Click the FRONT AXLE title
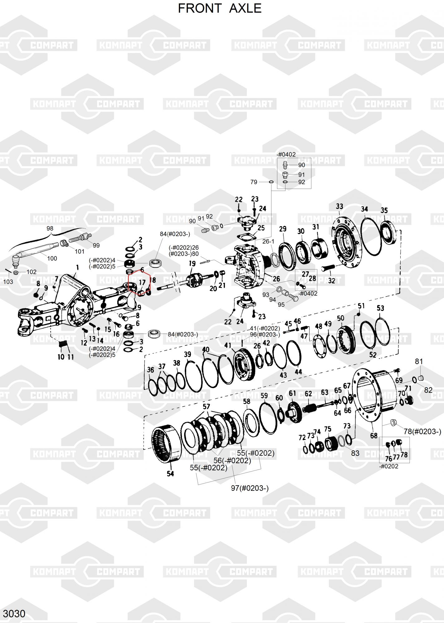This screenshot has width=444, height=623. click(220, 8)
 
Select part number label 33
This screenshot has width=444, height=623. click(339, 206)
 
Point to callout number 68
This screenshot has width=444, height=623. click(374, 435)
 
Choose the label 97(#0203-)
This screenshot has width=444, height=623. click(250, 488)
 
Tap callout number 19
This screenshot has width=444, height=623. click(192, 264)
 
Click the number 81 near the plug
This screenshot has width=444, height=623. click(419, 361)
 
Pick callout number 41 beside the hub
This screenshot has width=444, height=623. click(228, 345)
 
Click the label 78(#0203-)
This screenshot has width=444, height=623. click(422, 431)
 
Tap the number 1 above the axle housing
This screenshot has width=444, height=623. click(77, 267)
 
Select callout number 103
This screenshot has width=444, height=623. click(8, 282)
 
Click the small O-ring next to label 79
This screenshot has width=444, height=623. click(271, 182)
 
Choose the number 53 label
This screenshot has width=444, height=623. click(380, 308)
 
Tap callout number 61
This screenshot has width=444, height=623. click(292, 393)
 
